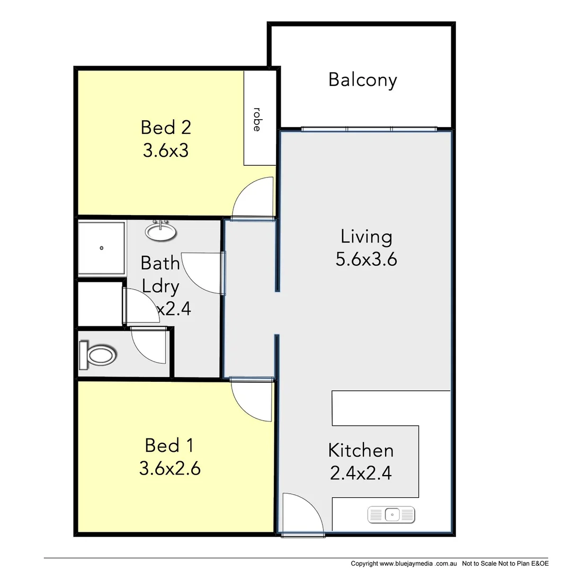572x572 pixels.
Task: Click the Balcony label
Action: [362, 80]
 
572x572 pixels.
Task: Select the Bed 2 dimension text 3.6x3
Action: [166, 151]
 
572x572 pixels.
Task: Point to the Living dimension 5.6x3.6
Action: [367, 259]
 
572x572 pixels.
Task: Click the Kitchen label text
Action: [361, 450]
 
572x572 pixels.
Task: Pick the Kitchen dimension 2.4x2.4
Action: [361, 472]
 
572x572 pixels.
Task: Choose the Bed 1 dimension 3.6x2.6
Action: [169, 468]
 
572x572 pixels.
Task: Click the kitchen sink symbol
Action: [391, 514]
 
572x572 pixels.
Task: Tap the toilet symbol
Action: [98, 354]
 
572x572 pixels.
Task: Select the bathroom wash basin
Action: [160, 231]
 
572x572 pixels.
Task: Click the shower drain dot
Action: [101, 248]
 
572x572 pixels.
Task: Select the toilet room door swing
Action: [149, 346]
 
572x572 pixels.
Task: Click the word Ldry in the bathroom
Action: [160, 287]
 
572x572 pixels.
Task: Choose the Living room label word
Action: [367, 237]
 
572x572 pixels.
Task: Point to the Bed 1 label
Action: [168, 445]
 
